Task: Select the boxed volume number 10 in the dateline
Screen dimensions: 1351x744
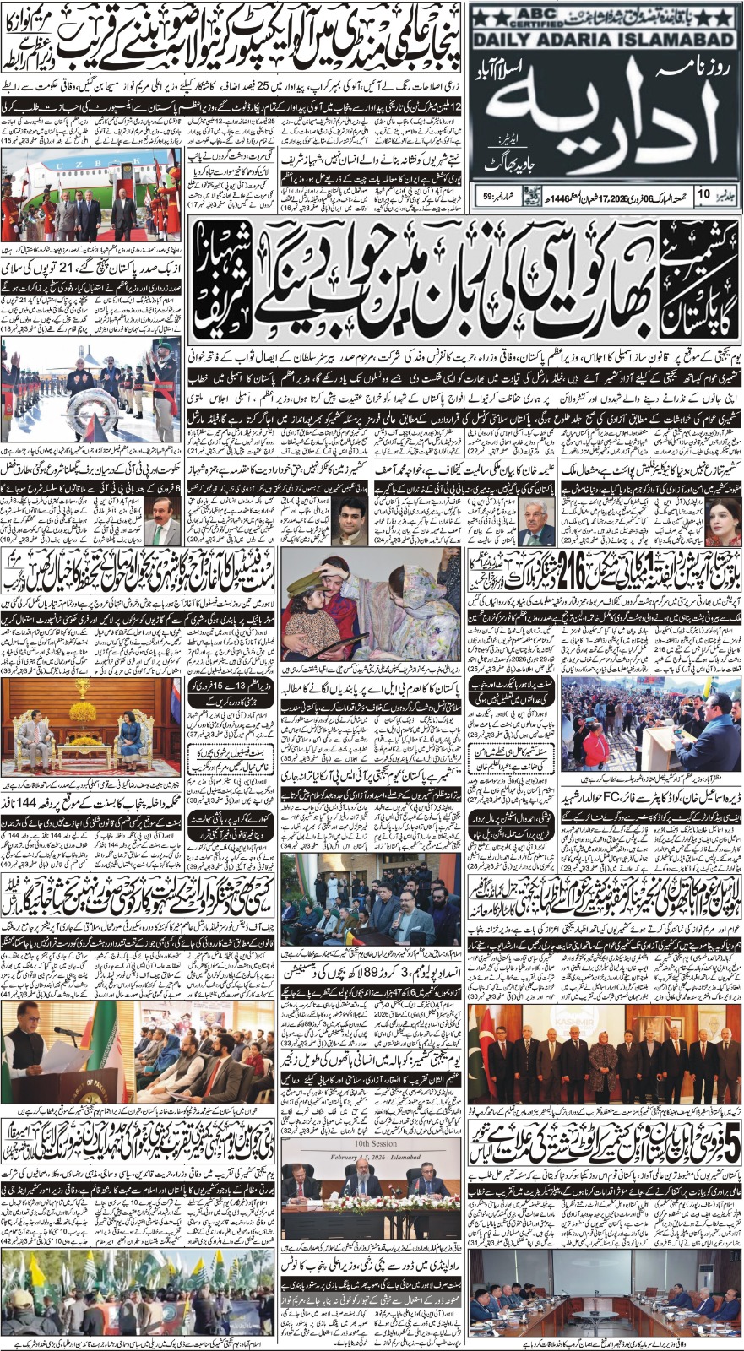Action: click(703, 197)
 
